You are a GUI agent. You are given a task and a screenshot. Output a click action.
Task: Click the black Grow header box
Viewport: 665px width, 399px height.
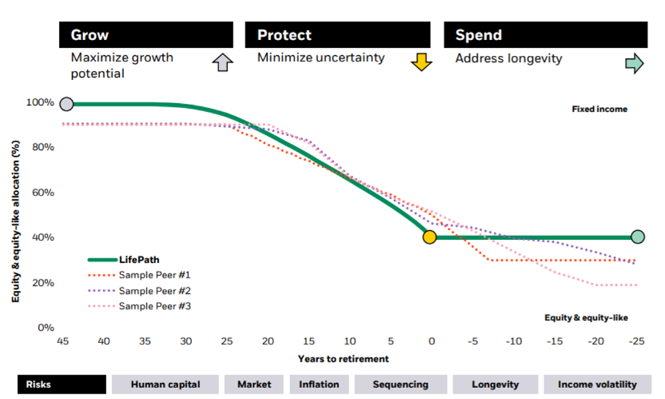pos(146,35)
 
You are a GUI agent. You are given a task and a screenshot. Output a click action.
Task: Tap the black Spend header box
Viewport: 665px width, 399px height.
pos(545,35)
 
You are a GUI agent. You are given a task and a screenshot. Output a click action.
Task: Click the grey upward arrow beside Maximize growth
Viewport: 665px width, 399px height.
pos(223,63)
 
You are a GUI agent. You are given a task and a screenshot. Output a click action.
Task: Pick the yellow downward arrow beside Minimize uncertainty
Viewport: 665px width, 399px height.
pos(421,62)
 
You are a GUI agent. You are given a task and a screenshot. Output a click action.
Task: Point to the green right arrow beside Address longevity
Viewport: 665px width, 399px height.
pos(634,63)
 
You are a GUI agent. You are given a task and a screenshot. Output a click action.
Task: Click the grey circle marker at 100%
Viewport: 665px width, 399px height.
pos(66,104)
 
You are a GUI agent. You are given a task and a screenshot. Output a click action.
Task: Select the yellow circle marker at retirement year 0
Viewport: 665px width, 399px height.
pos(429,237)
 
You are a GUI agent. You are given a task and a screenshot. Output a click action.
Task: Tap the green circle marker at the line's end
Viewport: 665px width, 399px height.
pos(637,237)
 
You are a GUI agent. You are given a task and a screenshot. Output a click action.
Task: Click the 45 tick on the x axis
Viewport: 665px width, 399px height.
pos(62,341)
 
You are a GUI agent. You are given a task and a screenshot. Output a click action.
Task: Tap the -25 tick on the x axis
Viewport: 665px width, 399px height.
pos(636,341)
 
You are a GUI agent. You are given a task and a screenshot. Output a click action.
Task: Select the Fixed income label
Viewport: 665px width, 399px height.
pos(599,109)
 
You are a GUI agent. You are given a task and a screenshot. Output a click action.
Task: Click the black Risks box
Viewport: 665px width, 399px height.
pos(62,385)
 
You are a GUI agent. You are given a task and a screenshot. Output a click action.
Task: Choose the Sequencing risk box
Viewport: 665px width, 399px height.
pos(400,385)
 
